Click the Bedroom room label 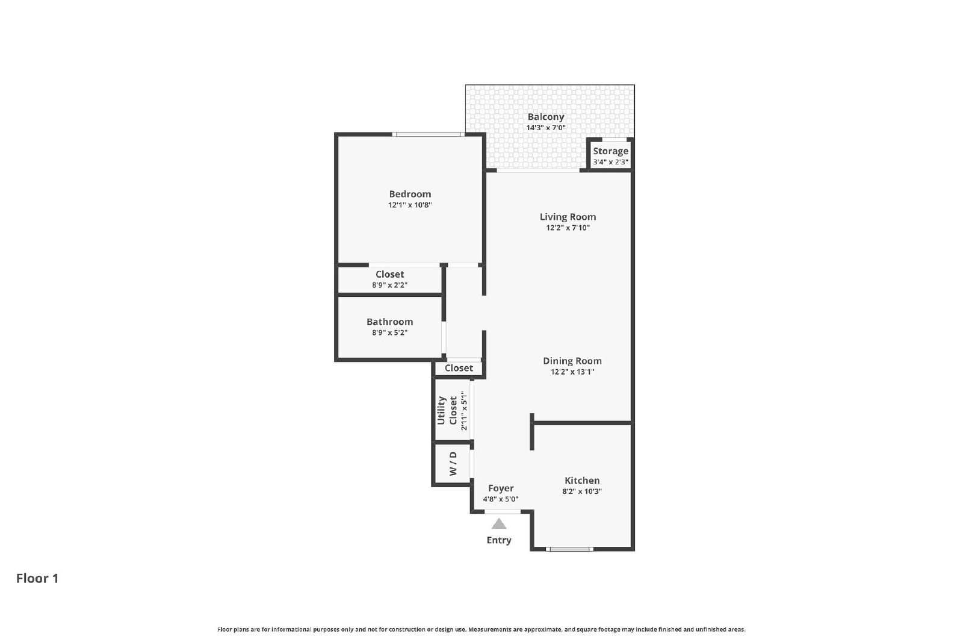click(x=410, y=194)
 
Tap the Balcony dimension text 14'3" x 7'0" click(x=545, y=128)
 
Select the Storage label click(x=610, y=151)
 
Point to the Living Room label click(x=568, y=217)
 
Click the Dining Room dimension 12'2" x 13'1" click(x=572, y=372)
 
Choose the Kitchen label click(x=582, y=480)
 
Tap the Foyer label click(x=501, y=488)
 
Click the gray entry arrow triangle click(x=499, y=524)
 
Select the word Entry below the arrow click(x=499, y=540)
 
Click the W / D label click(x=453, y=464)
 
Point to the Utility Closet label click(x=447, y=411)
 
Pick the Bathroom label click(x=389, y=322)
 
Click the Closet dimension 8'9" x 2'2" click(x=389, y=285)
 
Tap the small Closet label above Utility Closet click(x=459, y=369)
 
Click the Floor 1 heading click(x=37, y=578)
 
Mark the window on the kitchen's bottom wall click(x=569, y=549)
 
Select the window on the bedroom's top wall click(x=428, y=134)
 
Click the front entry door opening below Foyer click(x=503, y=512)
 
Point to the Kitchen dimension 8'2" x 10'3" click(x=582, y=491)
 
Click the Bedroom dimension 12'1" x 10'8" click(x=410, y=205)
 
